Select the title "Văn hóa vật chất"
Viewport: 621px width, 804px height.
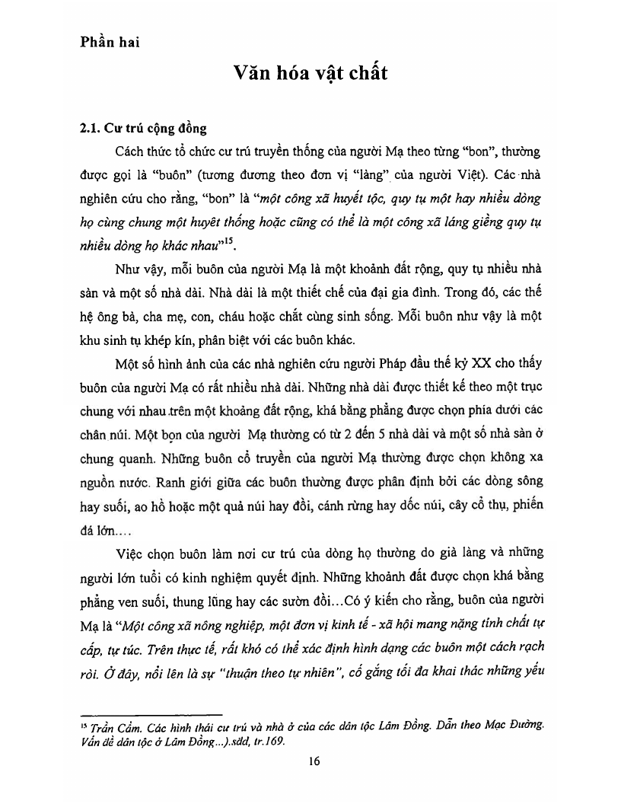coord(310,73)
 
